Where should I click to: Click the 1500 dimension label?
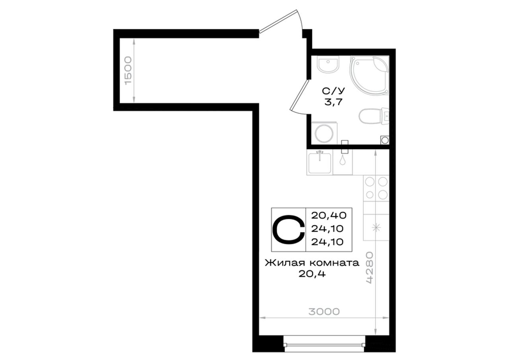pos(128,71)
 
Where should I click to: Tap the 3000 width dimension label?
pos(324,311)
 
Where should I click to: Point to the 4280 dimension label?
pos(370,267)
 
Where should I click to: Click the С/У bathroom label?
pos(333,91)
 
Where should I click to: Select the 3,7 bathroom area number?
pos(333,102)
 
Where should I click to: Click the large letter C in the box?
pos(289,229)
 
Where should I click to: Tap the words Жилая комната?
pos(312,263)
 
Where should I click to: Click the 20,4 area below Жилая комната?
pos(312,274)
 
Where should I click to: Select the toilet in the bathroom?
pos(374,117)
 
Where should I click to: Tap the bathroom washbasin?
pos(328,64)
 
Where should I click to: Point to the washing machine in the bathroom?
pos(324,133)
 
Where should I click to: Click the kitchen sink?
pos(320,162)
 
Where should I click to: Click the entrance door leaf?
pos(278,21)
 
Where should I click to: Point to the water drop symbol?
pos(342,160)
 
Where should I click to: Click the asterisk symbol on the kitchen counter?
pos(376,227)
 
